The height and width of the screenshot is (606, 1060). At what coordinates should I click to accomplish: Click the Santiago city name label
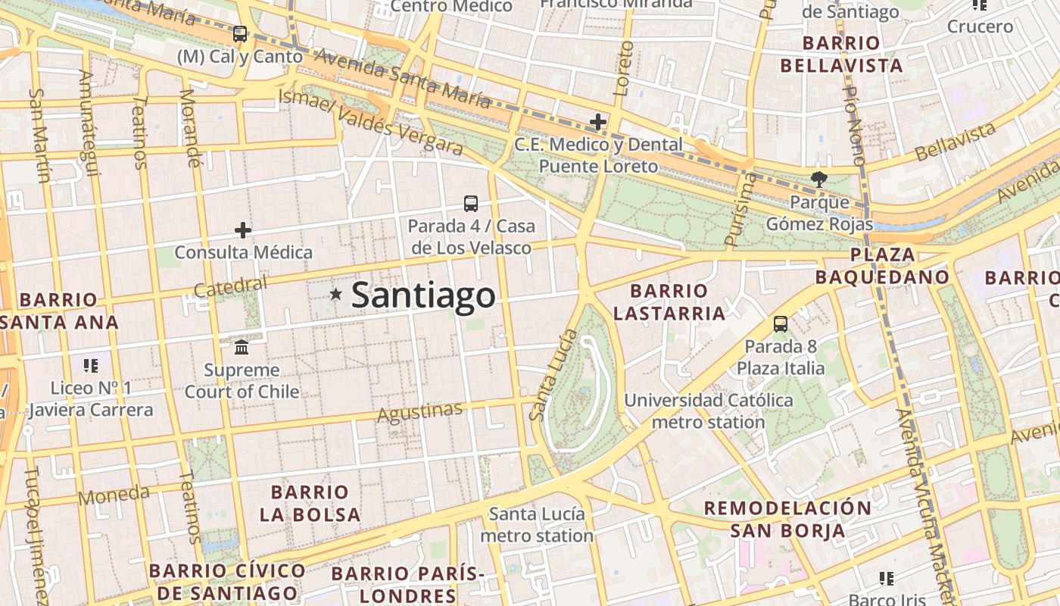[x=423, y=295]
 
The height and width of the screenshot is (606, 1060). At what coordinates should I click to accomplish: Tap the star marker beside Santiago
[x=335, y=294]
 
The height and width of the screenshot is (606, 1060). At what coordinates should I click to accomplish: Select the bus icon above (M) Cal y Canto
[x=240, y=34]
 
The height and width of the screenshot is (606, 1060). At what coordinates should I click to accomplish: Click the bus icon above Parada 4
[x=471, y=203]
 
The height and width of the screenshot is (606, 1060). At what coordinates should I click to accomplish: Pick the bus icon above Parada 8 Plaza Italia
[x=781, y=324]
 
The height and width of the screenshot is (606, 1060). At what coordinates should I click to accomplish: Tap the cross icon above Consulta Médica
[x=243, y=230]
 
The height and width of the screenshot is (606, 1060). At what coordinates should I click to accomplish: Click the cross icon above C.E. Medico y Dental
[x=598, y=121]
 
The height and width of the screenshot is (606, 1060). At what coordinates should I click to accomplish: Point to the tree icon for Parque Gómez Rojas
[x=818, y=180]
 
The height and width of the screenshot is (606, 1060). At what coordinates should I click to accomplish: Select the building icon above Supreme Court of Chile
[x=242, y=348]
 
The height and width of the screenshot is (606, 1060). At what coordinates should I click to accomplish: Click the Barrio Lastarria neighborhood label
[x=669, y=302]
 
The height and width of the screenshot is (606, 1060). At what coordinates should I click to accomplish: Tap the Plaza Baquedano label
[x=882, y=266]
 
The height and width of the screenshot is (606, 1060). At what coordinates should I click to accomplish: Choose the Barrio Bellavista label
[x=841, y=55]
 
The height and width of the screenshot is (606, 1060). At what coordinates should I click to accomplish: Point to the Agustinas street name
[x=419, y=413]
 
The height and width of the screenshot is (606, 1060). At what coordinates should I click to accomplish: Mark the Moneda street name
[x=114, y=495]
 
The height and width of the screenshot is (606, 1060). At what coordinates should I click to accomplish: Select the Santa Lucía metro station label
[x=537, y=525]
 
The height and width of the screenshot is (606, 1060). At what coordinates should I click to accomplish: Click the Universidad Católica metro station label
[x=709, y=411]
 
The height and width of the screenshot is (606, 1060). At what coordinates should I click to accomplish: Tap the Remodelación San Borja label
[x=787, y=519]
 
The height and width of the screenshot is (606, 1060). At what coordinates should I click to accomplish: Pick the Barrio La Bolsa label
[x=310, y=503]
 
